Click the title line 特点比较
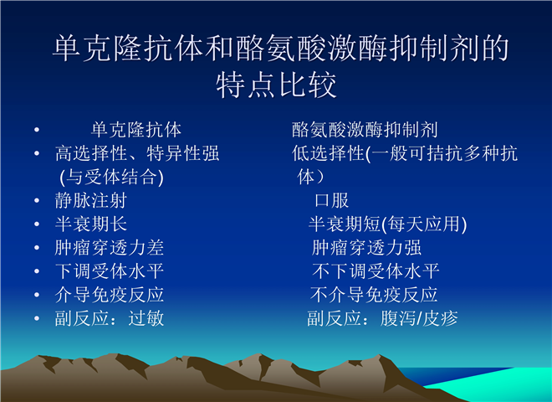[x=276, y=85]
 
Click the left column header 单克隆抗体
[x=136, y=130]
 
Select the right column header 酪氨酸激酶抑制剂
[x=365, y=130]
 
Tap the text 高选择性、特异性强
[x=137, y=153]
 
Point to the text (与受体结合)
[x=111, y=177]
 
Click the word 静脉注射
[x=91, y=200]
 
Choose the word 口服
[x=332, y=200]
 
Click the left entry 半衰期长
[x=91, y=224]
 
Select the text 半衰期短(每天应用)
[x=387, y=224]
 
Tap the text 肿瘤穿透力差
[x=109, y=248]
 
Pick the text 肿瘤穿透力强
[x=366, y=248]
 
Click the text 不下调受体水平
[x=376, y=271]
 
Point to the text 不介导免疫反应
[x=374, y=295]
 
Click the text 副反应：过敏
[x=109, y=318]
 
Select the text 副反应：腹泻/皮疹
[x=382, y=318]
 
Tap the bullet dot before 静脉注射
[x=37, y=201]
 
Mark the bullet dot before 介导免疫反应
[x=37, y=295]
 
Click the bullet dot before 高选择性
[x=37, y=153]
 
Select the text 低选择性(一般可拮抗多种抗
[x=405, y=153]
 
